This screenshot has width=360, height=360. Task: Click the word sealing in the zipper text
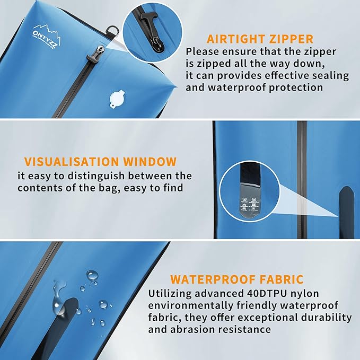326,75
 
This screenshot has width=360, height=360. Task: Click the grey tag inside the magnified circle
248,202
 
